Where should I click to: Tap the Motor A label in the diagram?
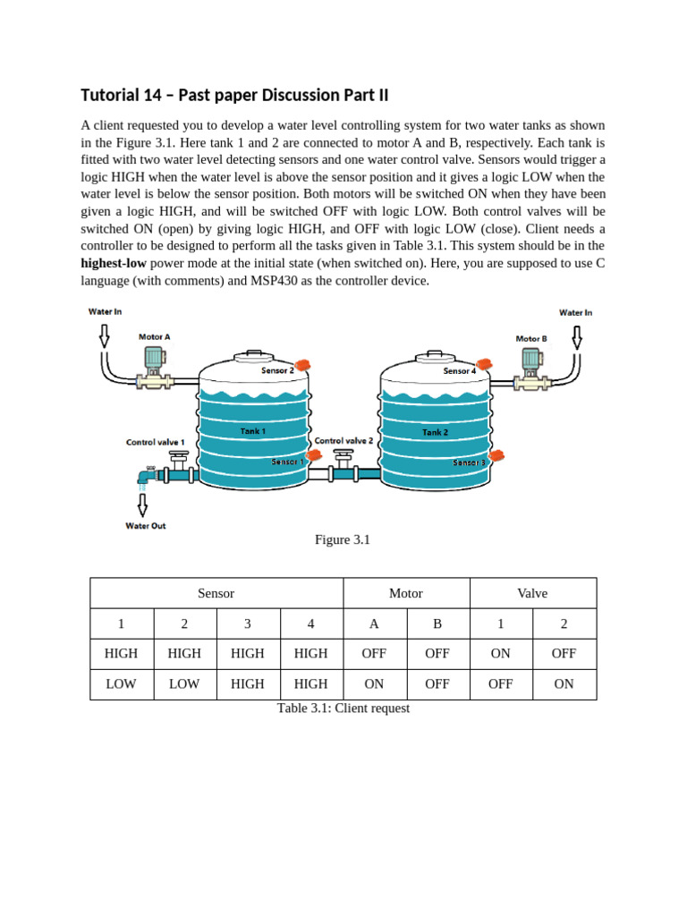click(x=154, y=337)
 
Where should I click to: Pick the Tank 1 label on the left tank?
click(x=253, y=431)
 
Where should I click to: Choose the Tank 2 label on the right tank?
click(x=435, y=432)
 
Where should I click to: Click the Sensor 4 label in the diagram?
click(x=459, y=370)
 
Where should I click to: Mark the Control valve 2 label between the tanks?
click(x=343, y=441)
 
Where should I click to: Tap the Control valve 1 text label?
click(x=156, y=442)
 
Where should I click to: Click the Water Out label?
click(x=145, y=525)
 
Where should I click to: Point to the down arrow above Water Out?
click(x=142, y=505)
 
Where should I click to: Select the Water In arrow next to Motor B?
click(x=576, y=336)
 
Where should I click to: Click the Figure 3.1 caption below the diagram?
click(x=343, y=539)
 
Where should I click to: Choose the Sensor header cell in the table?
click(x=216, y=593)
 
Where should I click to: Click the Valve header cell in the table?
click(x=532, y=593)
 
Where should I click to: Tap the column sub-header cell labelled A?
click(x=374, y=623)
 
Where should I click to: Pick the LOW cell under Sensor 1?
click(x=122, y=683)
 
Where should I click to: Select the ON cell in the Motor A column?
click(x=374, y=683)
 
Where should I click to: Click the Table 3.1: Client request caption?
click(x=343, y=708)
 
